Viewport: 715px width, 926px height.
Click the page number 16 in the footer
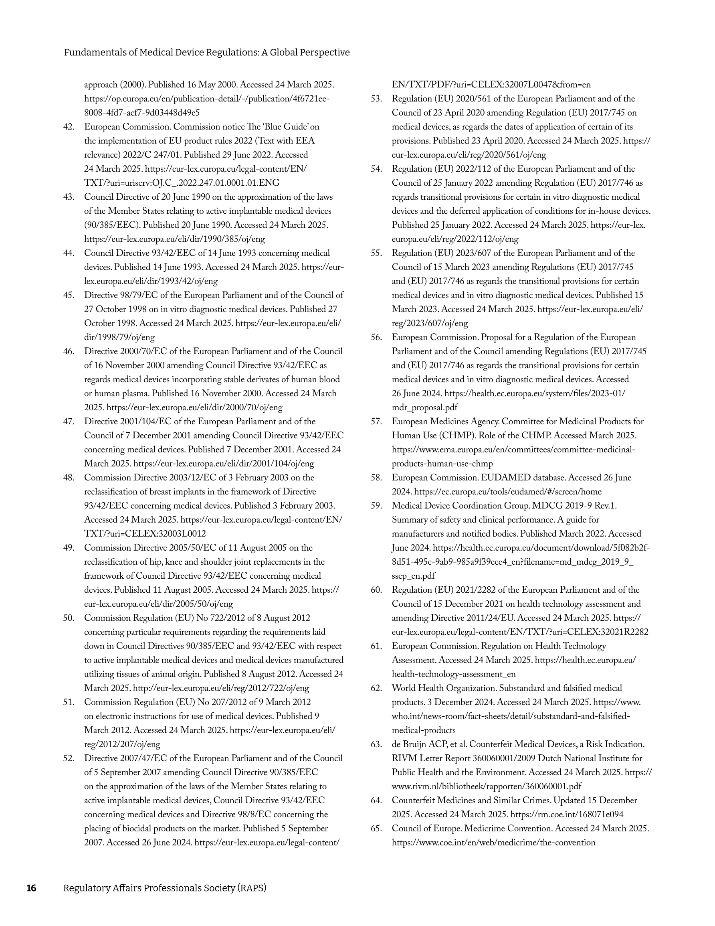pos(31,888)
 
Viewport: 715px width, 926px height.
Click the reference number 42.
pos(69,127)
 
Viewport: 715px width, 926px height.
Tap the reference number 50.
pos(69,618)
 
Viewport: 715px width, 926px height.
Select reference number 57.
pos(376,421)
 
